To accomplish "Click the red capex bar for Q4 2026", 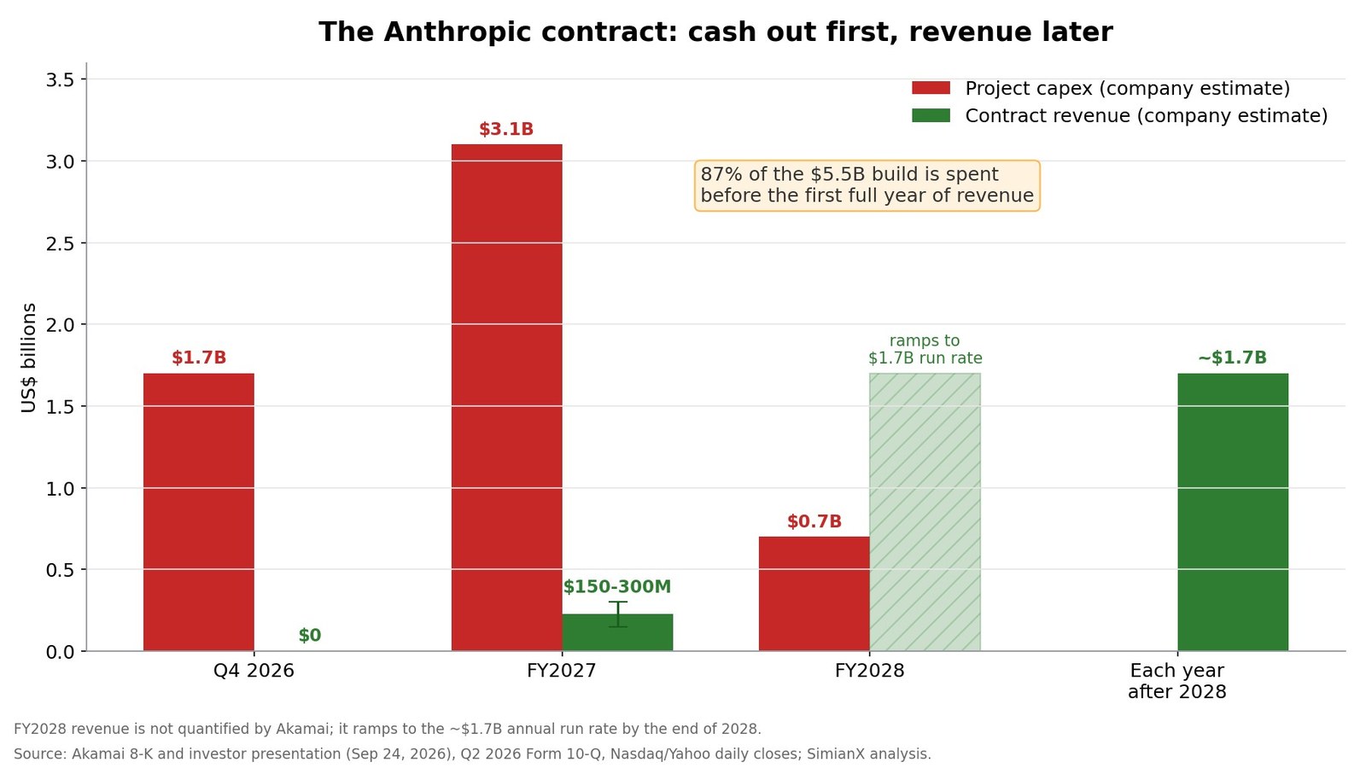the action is tap(199, 512).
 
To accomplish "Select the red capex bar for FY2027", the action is tap(507, 398).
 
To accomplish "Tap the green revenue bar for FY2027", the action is tap(618, 632).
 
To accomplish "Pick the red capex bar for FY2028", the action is tap(814, 594).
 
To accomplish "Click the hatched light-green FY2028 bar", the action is tap(925, 512).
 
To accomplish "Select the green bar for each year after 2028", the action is tap(1233, 512).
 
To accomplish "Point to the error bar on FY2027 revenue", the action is tap(618, 614).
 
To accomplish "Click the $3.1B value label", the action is tap(506, 129).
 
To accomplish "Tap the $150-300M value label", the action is tap(617, 586).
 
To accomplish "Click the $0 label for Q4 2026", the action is tap(310, 635).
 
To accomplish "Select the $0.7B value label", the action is tap(814, 521).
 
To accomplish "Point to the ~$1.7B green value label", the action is tap(1233, 358).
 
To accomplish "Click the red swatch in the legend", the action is tap(931, 88).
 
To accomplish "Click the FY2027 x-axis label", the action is tap(562, 671).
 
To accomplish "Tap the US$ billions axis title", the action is tap(29, 358).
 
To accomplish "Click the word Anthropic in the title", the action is tap(462, 32).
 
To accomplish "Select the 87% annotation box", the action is tap(867, 185).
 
